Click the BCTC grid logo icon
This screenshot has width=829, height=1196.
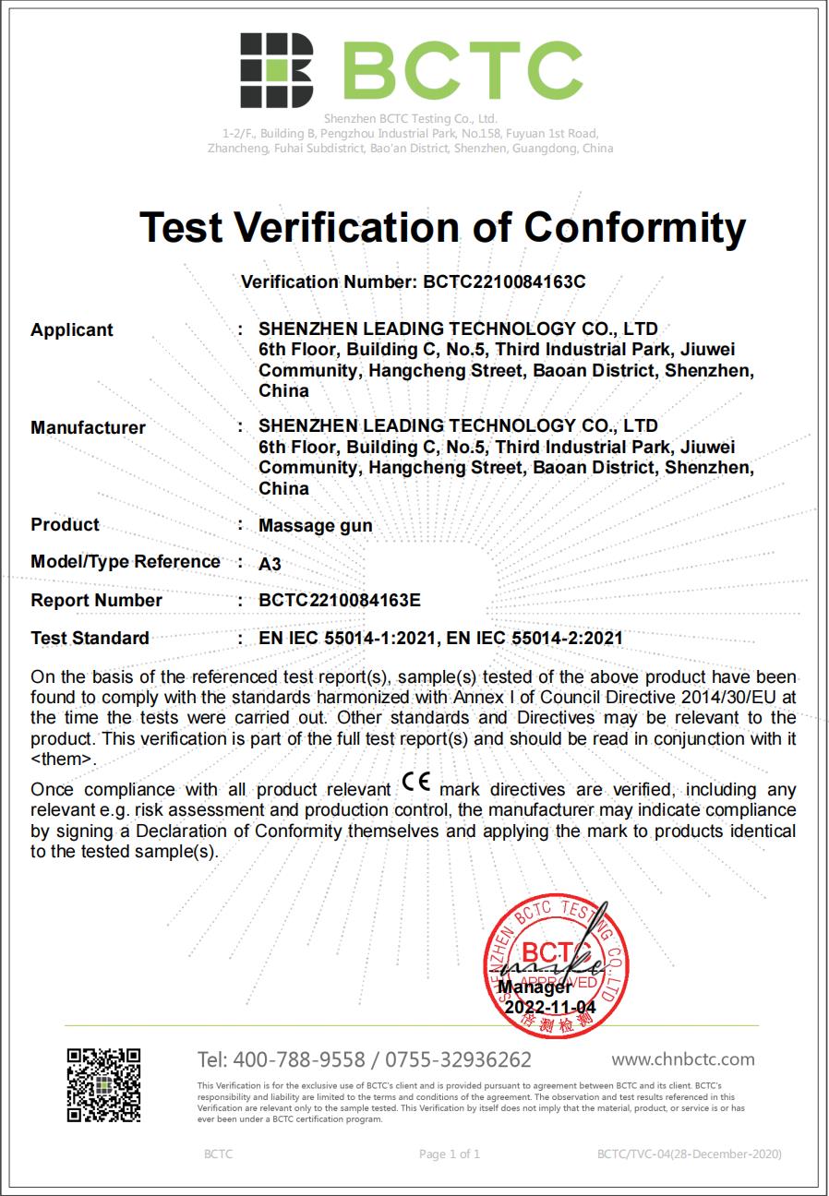(276, 71)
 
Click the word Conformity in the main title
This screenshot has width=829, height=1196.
(635, 228)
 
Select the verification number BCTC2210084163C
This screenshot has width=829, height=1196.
(504, 282)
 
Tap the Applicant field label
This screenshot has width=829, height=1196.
(72, 330)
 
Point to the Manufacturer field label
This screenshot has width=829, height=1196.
(88, 428)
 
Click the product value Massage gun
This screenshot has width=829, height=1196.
(316, 526)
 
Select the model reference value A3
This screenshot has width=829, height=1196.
(270, 564)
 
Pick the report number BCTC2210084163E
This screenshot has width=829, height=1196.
(340, 601)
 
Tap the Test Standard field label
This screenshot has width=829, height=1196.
(90, 638)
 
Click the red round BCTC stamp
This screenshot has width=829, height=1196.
(557, 961)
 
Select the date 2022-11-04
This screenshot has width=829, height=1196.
(550, 1008)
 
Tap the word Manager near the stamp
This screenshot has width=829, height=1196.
(535, 987)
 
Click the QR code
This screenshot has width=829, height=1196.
(103, 1084)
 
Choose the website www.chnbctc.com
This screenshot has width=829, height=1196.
(683, 1059)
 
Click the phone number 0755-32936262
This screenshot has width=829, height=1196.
(458, 1059)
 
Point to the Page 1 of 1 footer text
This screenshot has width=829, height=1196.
(450, 1154)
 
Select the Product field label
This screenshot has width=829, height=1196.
(65, 525)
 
